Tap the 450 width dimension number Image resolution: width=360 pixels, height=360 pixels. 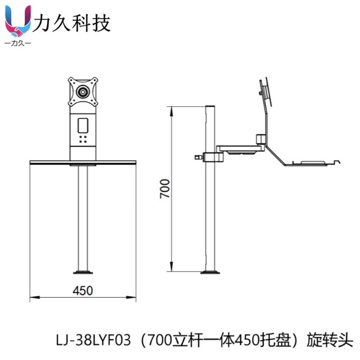tap(83, 290)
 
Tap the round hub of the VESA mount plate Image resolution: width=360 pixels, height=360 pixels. tap(83, 91)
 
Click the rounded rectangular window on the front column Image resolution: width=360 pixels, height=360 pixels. tap(83, 123)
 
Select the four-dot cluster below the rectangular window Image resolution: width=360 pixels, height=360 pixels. tap(83, 138)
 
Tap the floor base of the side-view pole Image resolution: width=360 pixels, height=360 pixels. tap(211, 273)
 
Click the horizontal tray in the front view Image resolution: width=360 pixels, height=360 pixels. tap(83, 162)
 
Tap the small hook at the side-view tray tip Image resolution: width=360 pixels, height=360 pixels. tap(337, 162)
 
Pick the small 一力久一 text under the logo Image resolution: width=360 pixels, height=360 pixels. tap(17, 44)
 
